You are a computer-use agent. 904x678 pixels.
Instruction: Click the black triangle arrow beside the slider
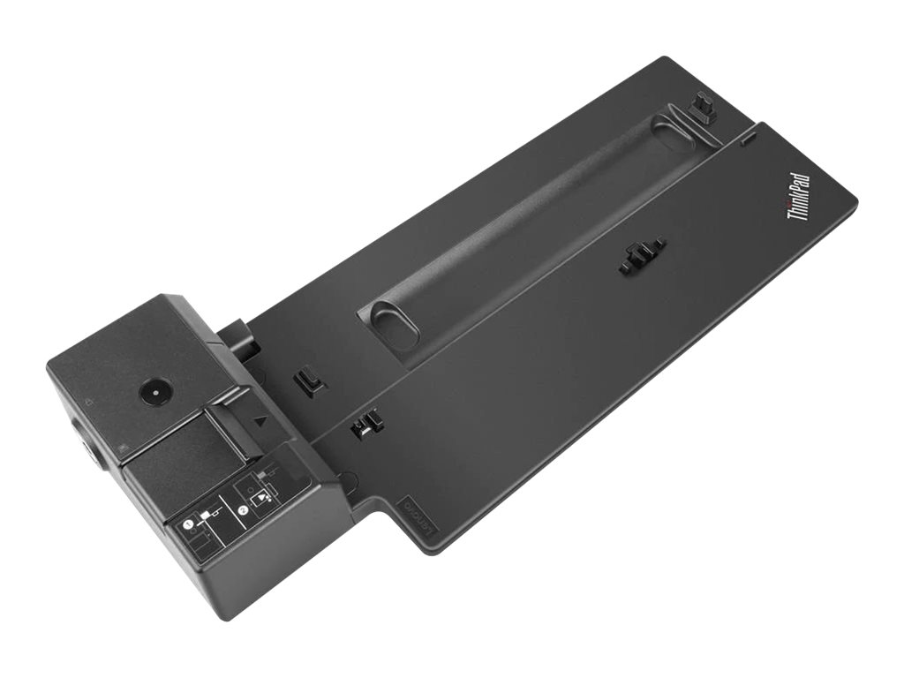click(260, 420)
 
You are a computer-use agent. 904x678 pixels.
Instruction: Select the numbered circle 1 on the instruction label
click(189, 524)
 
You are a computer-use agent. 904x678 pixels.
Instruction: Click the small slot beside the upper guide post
click(747, 139)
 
